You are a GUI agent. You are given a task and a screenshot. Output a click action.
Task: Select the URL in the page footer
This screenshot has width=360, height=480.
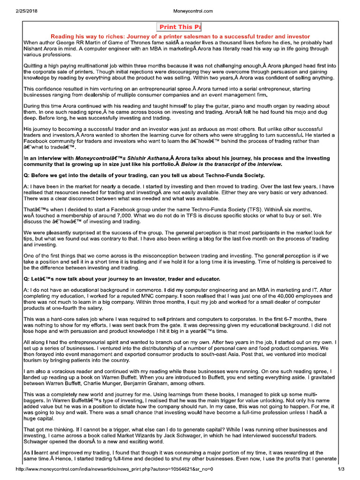(114, 469)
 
